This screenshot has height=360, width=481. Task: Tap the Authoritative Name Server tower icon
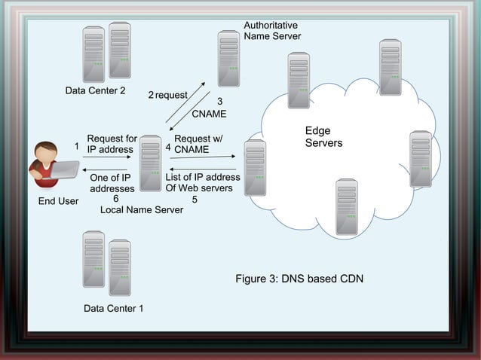coord(228,59)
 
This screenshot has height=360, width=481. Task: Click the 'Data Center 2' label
coord(95,91)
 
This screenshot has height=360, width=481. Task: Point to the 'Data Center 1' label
coord(113,309)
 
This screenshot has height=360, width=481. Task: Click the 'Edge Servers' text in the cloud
coord(323,137)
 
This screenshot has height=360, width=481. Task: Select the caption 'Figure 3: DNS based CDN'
coord(299,279)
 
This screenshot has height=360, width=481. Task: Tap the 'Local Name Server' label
coord(142,210)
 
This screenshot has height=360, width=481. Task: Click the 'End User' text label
coord(58,201)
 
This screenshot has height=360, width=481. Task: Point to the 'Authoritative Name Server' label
coord(272,31)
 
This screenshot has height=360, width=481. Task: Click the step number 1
coord(76,145)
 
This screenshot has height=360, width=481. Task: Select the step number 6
coord(115,199)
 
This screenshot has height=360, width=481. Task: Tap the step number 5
coord(195,200)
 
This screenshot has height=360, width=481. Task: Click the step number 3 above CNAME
coord(219,101)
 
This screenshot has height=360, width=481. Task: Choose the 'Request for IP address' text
coord(112,144)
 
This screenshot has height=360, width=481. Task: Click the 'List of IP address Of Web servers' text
coord(202,182)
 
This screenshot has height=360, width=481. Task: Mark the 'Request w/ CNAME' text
coord(198,144)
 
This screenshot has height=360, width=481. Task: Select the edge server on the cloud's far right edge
coord(420,159)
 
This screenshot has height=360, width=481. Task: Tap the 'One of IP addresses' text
coord(112,183)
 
